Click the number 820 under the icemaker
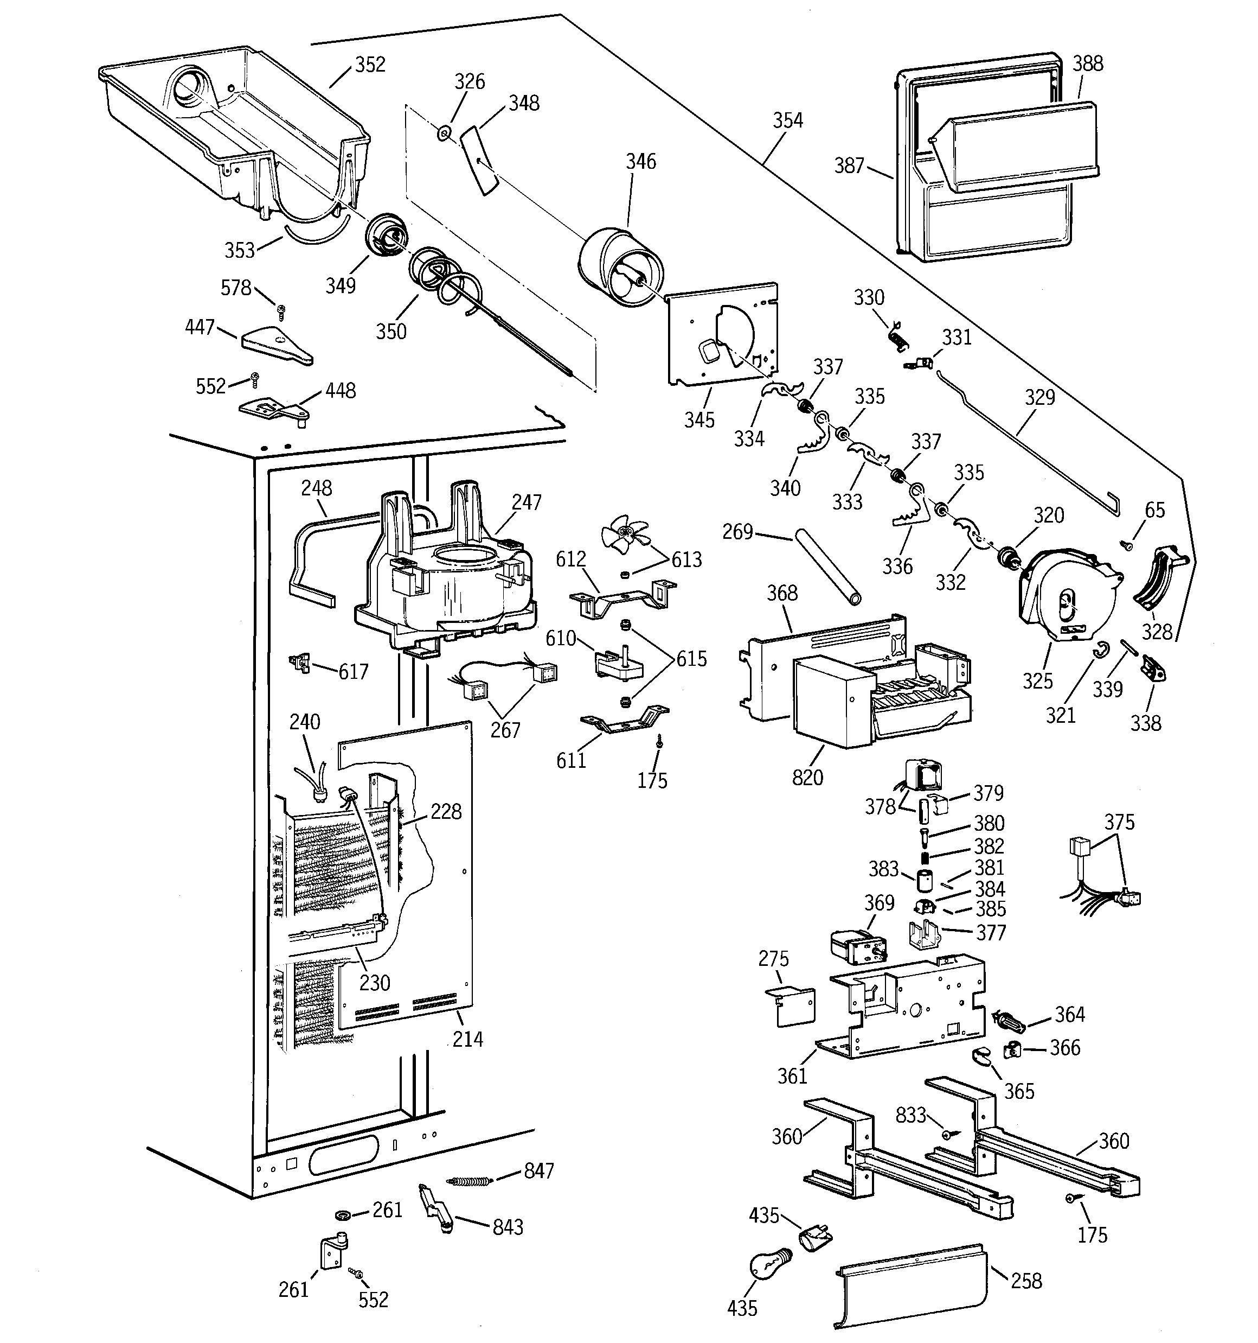807,778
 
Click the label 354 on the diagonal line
788,120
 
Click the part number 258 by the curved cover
1026,1281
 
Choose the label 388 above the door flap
1088,63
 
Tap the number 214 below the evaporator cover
467,1039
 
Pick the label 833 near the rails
910,1115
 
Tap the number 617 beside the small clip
353,672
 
